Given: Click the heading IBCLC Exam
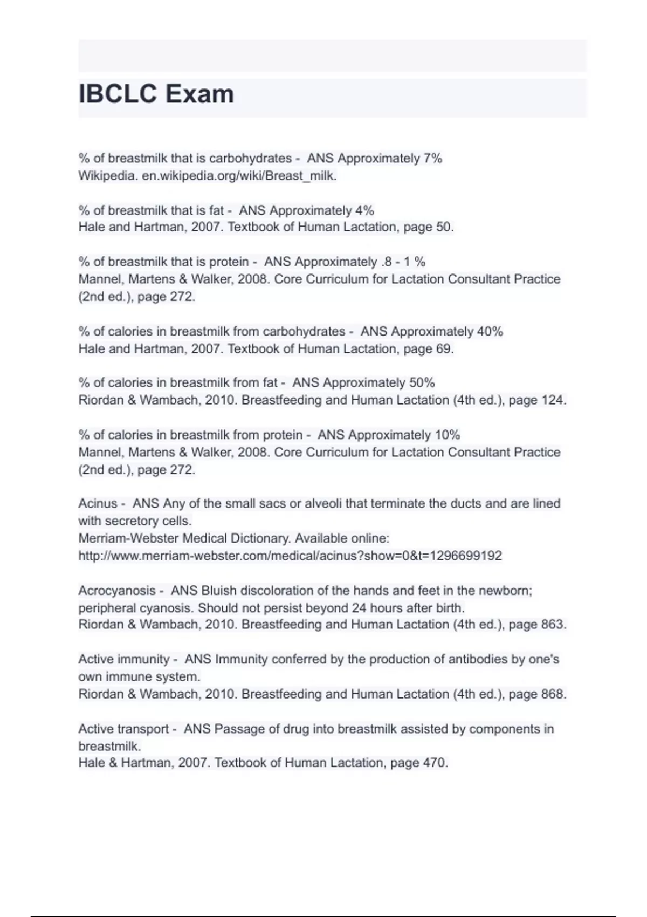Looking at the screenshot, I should click(156, 94).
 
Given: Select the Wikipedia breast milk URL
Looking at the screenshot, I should click(239, 176).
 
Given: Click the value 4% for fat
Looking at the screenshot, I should click(364, 210).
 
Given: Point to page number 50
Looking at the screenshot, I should click(443, 227).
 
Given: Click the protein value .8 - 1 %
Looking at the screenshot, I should click(403, 262).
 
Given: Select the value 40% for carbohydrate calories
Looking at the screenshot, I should click(490, 331).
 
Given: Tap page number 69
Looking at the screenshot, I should click(443, 349).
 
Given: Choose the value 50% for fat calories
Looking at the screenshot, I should click(422, 383).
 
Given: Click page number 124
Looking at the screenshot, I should click(551, 400).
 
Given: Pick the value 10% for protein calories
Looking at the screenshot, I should click(447, 435).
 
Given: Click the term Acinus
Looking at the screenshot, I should click(98, 504).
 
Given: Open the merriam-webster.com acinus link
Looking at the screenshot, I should click(290, 556).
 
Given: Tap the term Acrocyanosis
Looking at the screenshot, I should click(116, 591).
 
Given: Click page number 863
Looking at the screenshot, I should click(551, 625).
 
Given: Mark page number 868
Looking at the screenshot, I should click(551, 694).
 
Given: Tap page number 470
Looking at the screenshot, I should click(432, 763).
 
